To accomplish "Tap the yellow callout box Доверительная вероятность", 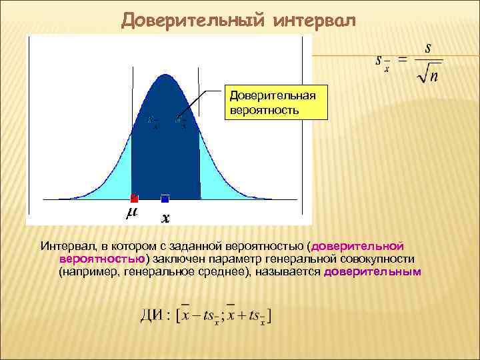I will point(275,101).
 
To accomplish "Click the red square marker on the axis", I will point(134,198).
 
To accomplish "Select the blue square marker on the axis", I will point(165,198).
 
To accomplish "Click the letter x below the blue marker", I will point(166,218).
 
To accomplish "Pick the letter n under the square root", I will point(434,78).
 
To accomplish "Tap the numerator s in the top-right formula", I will point(427,49).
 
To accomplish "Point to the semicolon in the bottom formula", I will point(223,317).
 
